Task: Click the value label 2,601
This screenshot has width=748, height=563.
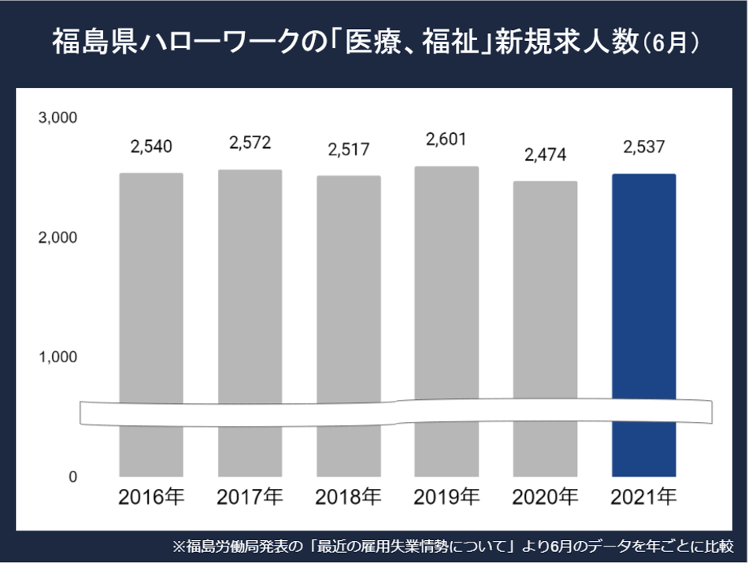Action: [446, 139]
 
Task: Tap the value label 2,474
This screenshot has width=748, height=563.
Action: [545, 154]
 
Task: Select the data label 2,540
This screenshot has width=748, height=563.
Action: [151, 146]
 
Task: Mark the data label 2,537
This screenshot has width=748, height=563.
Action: [643, 147]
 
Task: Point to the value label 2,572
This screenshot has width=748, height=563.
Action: [250, 143]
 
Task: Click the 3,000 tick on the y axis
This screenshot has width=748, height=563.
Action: [57, 118]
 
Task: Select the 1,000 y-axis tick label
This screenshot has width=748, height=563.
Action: [58, 357]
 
